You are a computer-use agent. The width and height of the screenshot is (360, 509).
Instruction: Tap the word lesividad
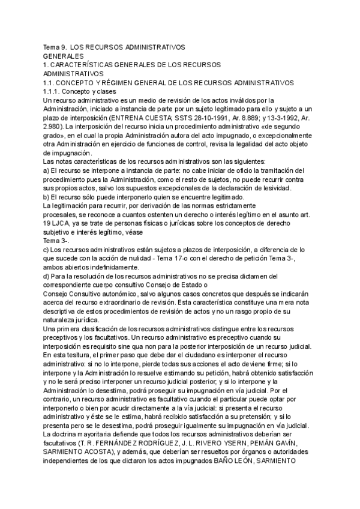[x=274, y=188]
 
